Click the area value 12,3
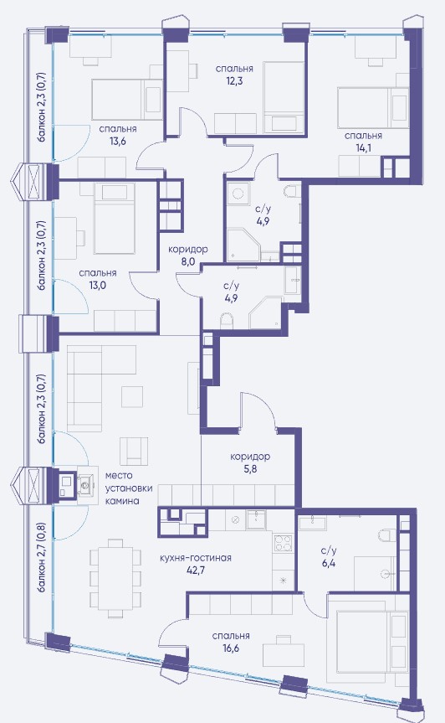pyautogui.click(x=234, y=80)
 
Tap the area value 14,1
pyautogui.click(x=363, y=148)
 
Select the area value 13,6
pyautogui.click(x=118, y=141)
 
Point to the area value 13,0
pyautogui.click(x=98, y=285)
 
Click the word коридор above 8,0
pyautogui.click(x=187, y=250)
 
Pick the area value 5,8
pyautogui.click(x=250, y=469)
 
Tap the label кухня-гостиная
pyautogui.click(x=195, y=558)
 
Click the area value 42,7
pyautogui.click(x=196, y=570)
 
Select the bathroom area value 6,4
pyautogui.click(x=329, y=563)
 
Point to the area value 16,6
pyautogui.click(x=231, y=648)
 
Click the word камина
pyautogui.click(x=122, y=501)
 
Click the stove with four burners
pyautogui.click(x=283, y=542)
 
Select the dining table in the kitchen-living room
pyautogui.click(x=115, y=578)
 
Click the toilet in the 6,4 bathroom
pyautogui.click(x=385, y=535)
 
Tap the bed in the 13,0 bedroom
pyautogui.click(x=115, y=219)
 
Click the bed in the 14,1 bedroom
pyautogui.click(x=373, y=107)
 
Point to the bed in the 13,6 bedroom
pyautogui.click(x=127, y=99)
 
